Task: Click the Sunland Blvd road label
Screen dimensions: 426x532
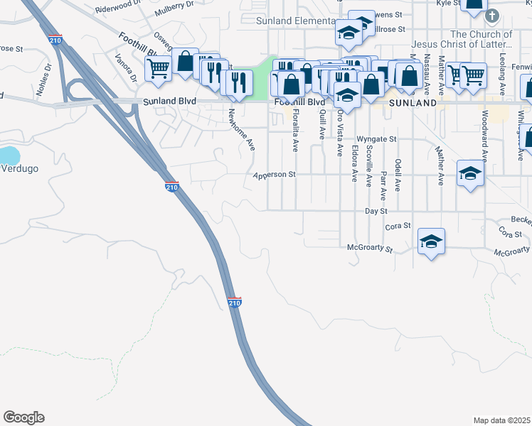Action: point(169,102)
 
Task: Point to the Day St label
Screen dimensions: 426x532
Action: point(376,211)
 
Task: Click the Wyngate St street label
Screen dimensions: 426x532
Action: point(376,139)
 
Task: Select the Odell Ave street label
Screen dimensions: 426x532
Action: point(398,174)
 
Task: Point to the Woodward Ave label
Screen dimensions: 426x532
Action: point(485,137)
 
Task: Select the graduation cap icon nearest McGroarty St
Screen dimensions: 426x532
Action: point(431,242)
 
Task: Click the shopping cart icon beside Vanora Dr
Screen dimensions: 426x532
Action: point(158,69)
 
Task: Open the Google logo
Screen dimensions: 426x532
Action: point(23,417)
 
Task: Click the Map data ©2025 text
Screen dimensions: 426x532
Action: point(502,420)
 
